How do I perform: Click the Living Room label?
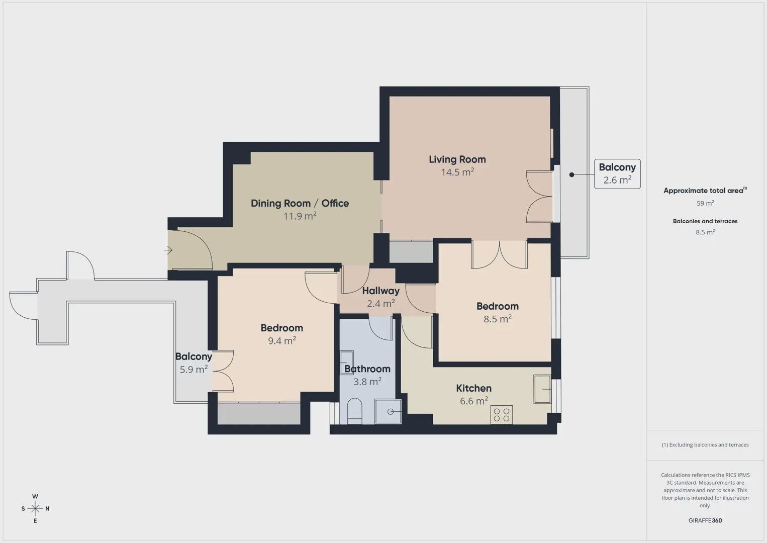[x=457, y=159]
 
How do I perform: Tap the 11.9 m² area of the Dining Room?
[x=300, y=216]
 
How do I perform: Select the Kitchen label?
[x=473, y=388]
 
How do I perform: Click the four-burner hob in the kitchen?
[x=501, y=414]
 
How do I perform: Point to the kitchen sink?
[x=542, y=389]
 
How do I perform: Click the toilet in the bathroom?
[x=354, y=411]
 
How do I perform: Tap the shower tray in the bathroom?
[x=388, y=411]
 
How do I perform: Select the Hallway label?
[x=381, y=291]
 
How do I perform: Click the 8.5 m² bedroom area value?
[x=498, y=319]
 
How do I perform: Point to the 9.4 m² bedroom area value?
[x=282, y=340]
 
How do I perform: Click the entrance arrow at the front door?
[x=168, y=250]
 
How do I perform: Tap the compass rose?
[x=35, y=508]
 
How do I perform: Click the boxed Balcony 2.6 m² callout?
[x=617, y=173]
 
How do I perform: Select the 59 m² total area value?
[x=705, y=203]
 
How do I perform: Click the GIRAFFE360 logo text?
[x=705, y=520]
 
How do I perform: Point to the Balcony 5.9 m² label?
[x=194, y=363]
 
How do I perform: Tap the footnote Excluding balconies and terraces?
[x=705, y=444]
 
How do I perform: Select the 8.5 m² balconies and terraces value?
[x=705, y=232]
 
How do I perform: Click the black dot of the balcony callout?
[x=571, y=175]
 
